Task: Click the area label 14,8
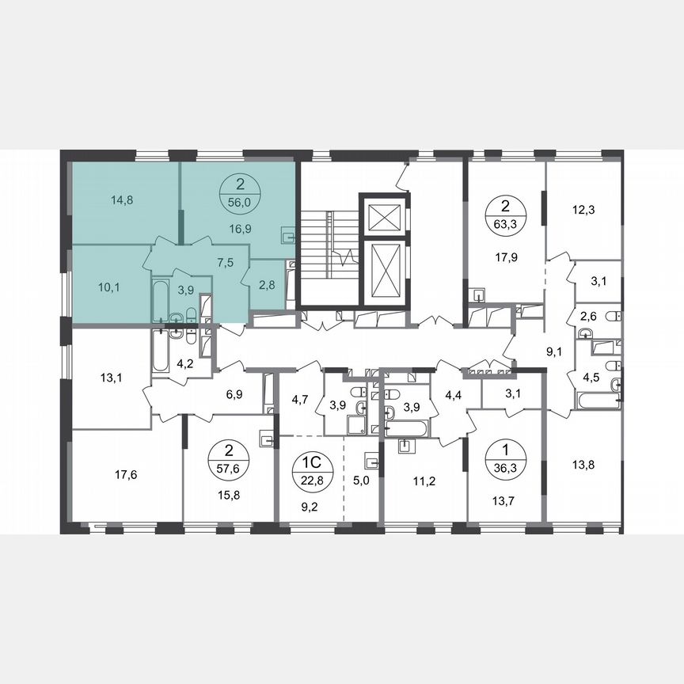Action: (122, 199)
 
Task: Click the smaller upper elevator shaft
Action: (383, 214)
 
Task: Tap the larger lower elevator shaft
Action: (383, 270)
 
